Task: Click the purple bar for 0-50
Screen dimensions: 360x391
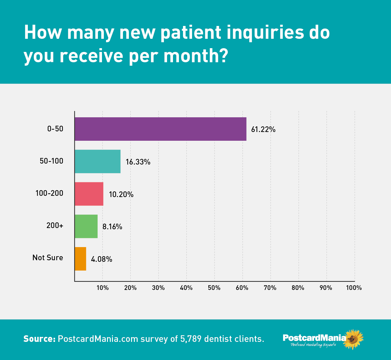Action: (160, 129)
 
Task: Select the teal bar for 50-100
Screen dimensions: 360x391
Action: (98, 161)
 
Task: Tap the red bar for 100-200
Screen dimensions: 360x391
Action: (89, 194)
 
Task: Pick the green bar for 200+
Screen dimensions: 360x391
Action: (86, 226)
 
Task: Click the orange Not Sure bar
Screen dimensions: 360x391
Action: (80, 259)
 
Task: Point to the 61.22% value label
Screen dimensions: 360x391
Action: (263, 129)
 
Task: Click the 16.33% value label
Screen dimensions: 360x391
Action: (138, 162)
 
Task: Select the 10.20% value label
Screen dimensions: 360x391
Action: (121, 195)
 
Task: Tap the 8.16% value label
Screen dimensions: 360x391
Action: (112, 227)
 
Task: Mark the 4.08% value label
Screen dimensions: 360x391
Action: (101, 259)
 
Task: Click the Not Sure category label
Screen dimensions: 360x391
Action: (48, 258)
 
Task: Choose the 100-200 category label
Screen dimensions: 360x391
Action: (49, 193)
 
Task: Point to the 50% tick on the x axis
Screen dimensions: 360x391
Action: (214, 288)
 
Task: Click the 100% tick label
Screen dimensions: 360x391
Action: (354, 288)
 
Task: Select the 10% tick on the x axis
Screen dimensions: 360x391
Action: (103, 288)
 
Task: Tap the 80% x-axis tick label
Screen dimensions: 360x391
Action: (298, 288)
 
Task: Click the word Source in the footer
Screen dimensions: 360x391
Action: (39, 339)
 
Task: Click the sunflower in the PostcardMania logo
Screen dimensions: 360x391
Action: (353, 339)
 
